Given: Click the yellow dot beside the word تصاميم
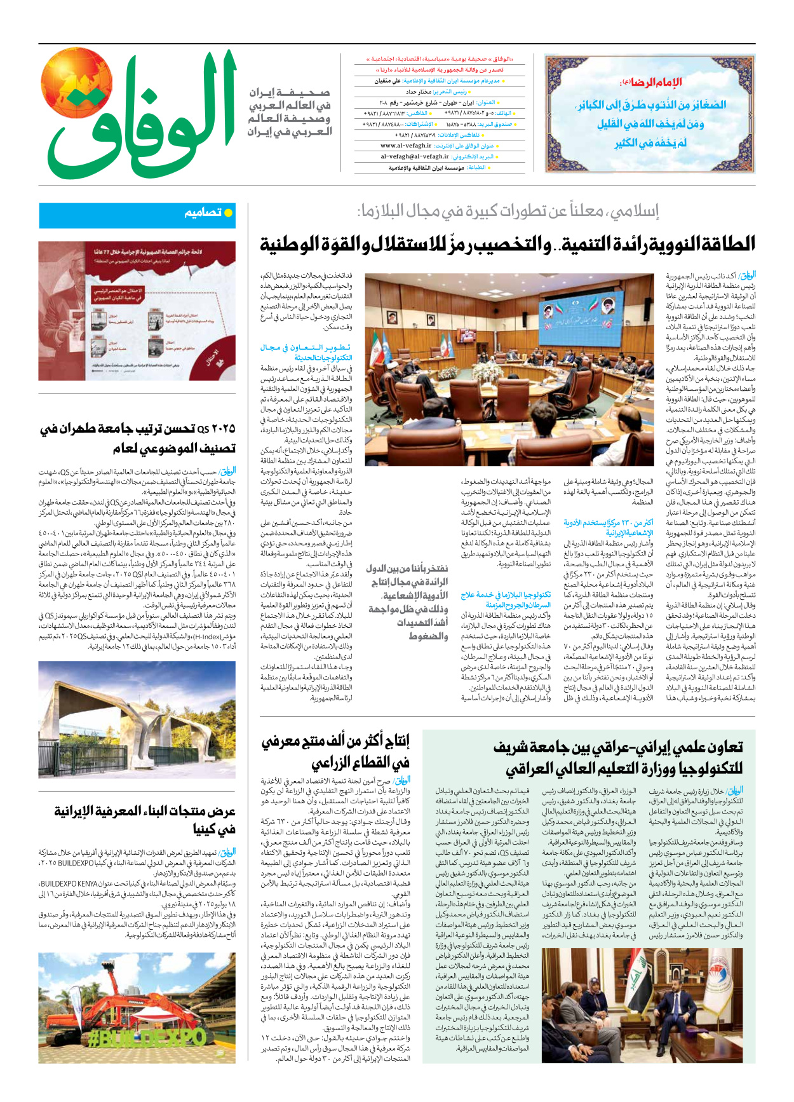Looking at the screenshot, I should (229, 213).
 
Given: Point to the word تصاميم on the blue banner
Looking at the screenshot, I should (203, 213).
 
